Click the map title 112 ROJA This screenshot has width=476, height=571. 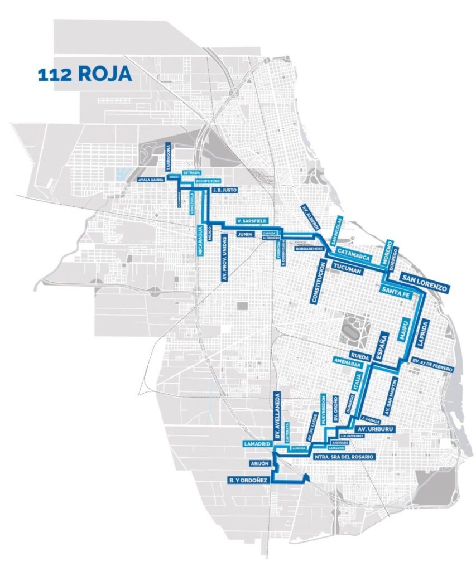(x=85, y=75)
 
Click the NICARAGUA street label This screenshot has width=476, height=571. (x=200, y=240)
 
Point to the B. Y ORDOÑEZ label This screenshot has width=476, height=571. (x=249, y=479)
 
